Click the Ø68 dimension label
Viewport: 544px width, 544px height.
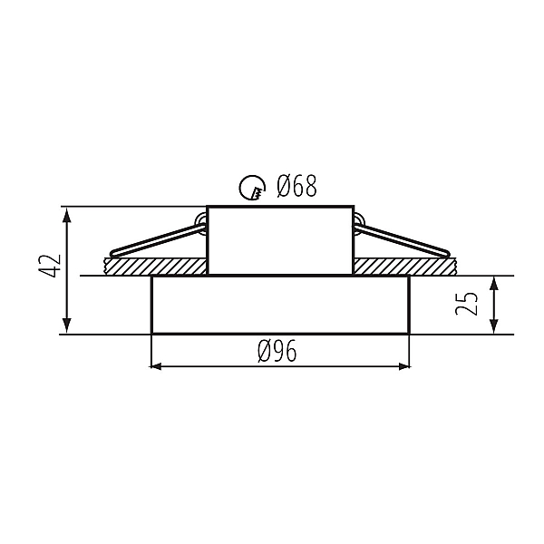click(x=297, y=186)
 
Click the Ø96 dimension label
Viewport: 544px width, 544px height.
click(x=277, y=351)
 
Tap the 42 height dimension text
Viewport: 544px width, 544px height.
click(x=49, y=266)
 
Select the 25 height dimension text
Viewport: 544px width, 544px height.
click(x=466, y=304)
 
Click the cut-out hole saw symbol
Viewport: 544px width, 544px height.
click(x=252, y=188)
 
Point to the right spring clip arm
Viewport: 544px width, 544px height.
click(x=403, y=239)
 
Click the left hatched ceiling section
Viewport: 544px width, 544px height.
click(x=155, y=267)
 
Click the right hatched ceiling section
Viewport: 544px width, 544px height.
click(x=406, y=267)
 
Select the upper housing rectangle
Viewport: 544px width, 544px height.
click(x=280, y=241)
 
